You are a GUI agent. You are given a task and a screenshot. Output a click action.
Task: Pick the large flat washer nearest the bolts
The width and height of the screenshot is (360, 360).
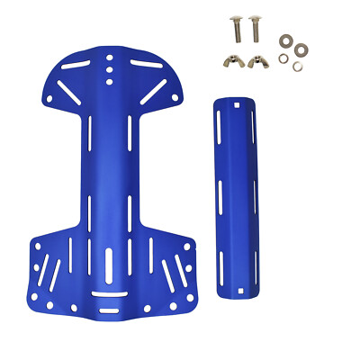(287, 40)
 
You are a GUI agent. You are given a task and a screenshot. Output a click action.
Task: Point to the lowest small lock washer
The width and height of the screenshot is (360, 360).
(297, 67)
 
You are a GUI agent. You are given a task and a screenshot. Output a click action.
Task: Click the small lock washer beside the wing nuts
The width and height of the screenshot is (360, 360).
(283, 58)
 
